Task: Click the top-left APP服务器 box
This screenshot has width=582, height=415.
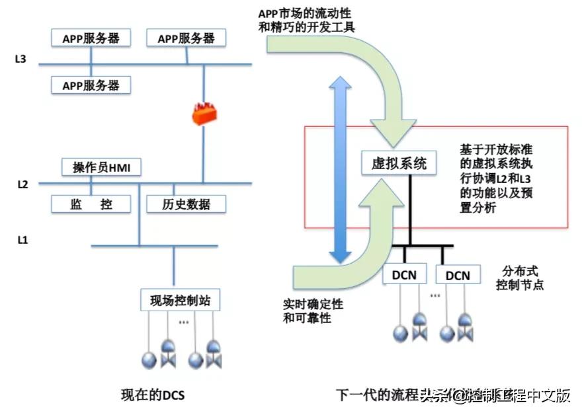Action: coord(91,38)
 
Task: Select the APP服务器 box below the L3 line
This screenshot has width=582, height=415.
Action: coord(91,85)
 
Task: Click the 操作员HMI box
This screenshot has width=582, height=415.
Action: coord(101,168)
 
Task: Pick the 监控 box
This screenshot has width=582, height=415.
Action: coord(91,204)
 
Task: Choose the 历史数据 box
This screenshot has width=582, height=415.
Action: coord(185,204)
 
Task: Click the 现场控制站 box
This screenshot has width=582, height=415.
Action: coord(180,301)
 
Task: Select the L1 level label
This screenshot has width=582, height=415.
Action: coord(22,239)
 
